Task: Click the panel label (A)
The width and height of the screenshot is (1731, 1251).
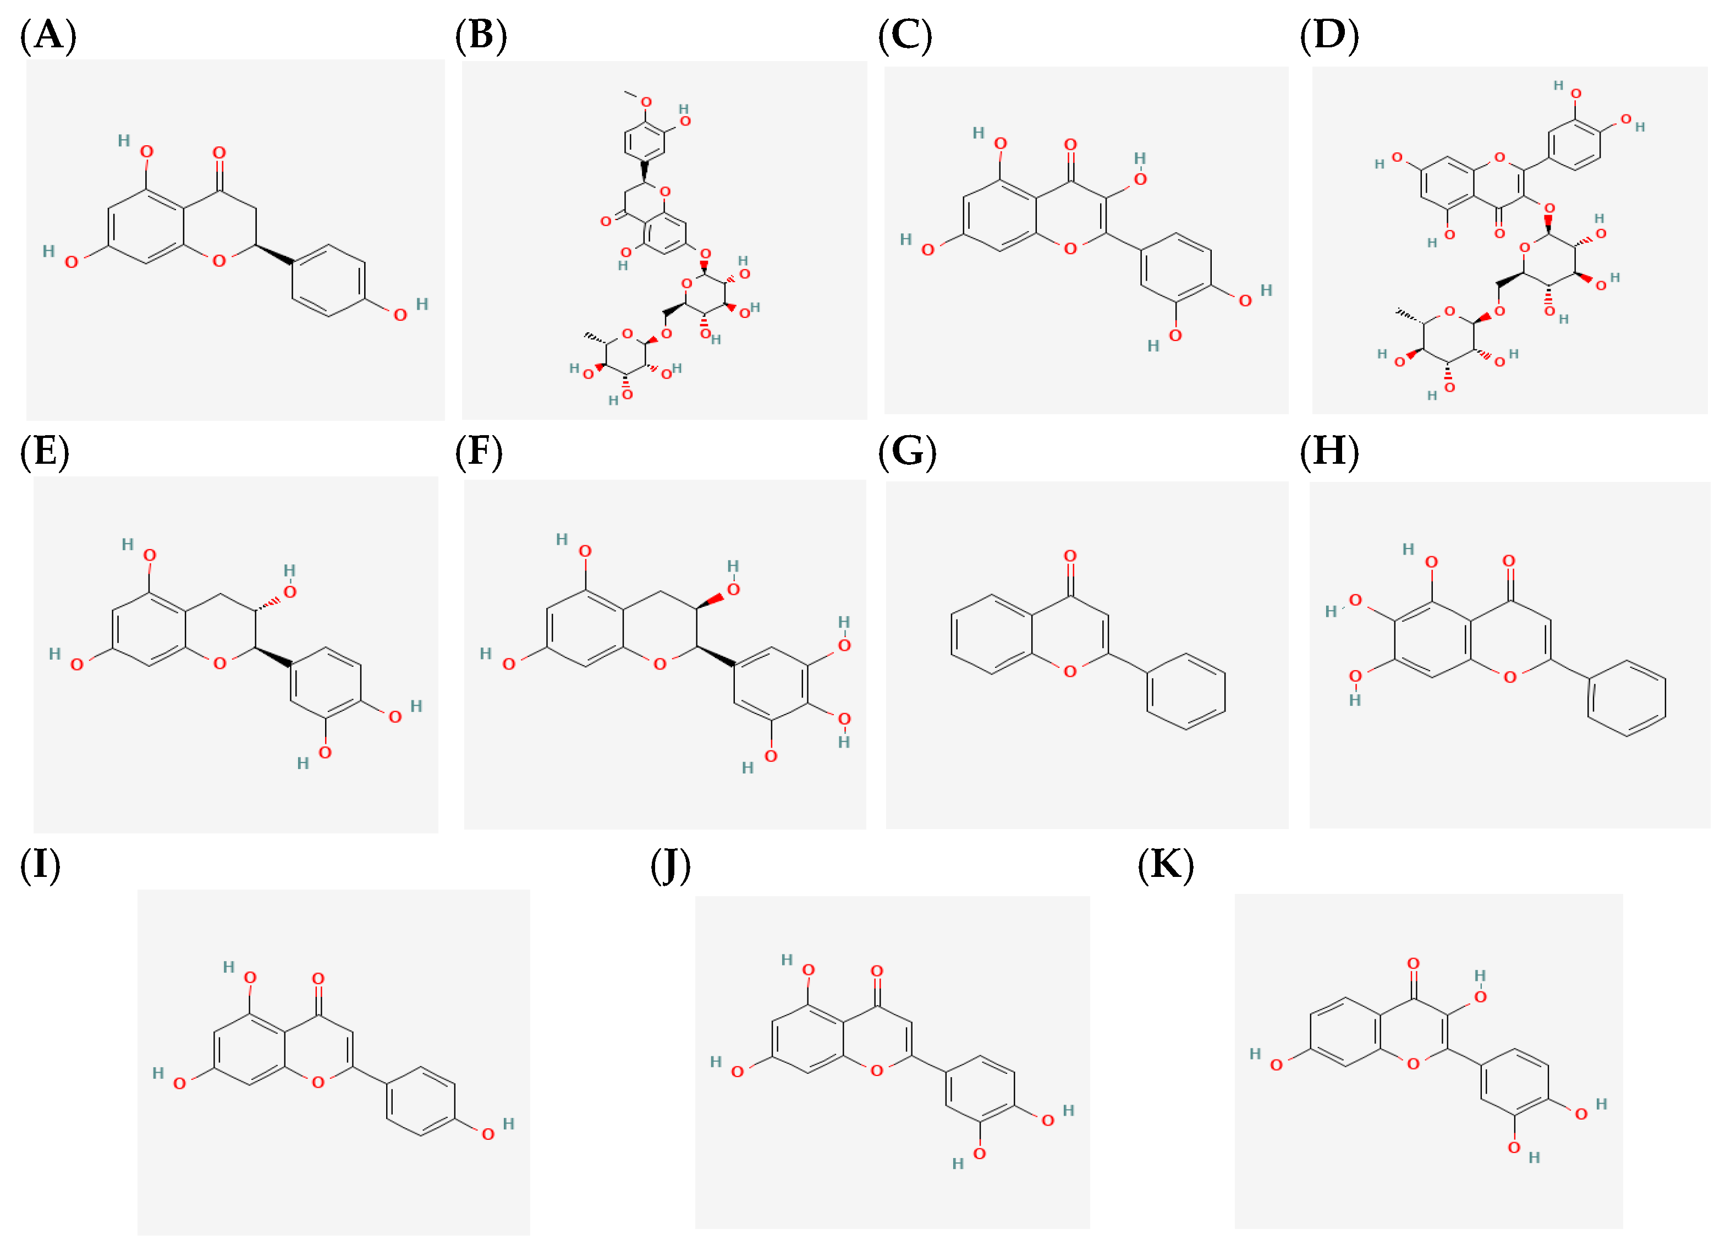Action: tap(48, 35)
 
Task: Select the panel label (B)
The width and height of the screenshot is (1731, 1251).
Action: tap(481, 35)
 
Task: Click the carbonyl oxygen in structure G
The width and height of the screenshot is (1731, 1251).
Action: tap(1070, 556)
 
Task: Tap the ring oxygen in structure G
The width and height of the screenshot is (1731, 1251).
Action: tap(1070, 672)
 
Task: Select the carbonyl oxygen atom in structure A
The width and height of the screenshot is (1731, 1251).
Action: tap(220, 152)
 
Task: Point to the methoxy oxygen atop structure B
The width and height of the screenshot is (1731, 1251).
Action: tap(646, 102)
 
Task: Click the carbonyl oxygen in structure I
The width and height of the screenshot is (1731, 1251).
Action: tap(318, 979)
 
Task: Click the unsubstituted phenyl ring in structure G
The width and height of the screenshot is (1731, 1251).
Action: tap(1185, 692)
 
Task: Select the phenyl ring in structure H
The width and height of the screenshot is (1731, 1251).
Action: tap(1626, 698)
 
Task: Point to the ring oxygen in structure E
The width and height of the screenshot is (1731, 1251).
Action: tap(220, 664)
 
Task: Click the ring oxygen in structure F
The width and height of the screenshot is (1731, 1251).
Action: tap(660, 664)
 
